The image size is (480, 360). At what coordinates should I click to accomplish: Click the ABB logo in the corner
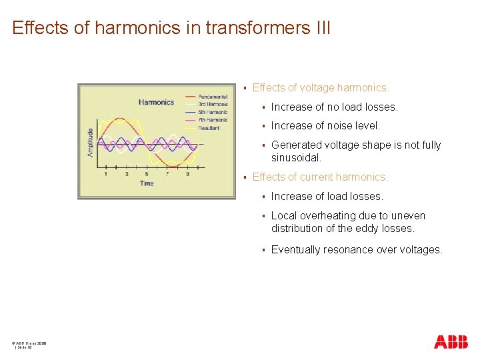451,342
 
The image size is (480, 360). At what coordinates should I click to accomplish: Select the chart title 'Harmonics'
156,102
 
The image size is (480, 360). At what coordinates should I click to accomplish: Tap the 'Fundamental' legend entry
213,97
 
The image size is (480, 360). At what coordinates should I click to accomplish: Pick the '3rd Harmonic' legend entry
213,105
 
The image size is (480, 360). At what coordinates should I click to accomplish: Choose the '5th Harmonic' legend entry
213,112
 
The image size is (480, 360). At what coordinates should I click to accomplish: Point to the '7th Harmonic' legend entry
213,120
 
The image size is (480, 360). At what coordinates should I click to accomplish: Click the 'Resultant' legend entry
210,127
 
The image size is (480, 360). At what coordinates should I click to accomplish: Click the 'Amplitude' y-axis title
91,143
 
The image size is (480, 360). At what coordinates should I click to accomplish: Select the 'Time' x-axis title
147,183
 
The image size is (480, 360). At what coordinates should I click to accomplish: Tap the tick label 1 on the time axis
105,174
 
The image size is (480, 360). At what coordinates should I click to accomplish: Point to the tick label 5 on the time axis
147,174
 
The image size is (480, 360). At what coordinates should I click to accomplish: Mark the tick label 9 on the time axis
187,174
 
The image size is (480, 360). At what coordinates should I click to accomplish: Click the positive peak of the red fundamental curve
121,119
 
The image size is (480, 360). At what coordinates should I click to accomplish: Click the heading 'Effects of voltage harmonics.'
321,87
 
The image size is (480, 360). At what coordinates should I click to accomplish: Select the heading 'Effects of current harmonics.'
320,177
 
